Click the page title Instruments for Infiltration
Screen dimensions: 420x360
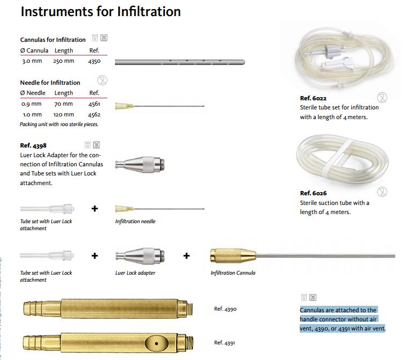point(101,12)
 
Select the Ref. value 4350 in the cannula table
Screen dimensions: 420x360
point(95,61)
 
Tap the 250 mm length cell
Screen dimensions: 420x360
point(63,61)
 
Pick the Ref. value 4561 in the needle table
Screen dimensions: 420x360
point(95,104)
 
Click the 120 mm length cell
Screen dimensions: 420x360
point(63,115)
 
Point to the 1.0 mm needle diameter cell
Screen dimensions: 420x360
point(32,115)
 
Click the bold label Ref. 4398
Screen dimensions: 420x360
point(33,145)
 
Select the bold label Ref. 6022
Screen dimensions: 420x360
point(313,98)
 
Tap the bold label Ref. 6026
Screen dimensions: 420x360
point(313,193)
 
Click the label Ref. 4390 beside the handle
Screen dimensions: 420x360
point(225,309)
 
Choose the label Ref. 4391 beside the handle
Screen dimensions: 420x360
point(225,343)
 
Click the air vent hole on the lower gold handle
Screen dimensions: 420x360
point(156,343)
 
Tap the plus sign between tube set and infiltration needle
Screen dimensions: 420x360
point(95,209)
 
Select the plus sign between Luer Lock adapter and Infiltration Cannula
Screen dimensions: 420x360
point(186,256)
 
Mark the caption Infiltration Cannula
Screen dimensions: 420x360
point(233,273)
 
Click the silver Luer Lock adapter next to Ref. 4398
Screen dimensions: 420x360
point(140,165)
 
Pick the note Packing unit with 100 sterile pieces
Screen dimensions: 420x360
point(59,124)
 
